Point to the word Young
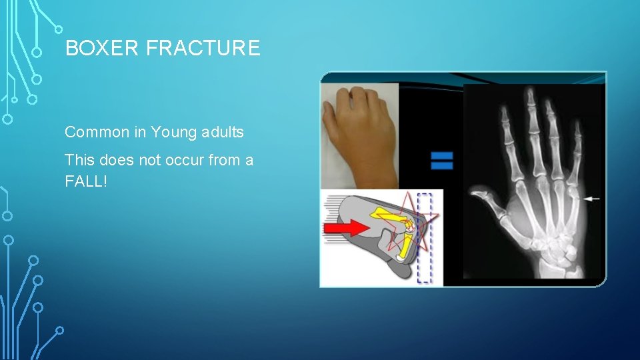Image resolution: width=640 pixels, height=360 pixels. tap(172, 132)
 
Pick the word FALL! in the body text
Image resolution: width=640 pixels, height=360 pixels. tap(85, 180)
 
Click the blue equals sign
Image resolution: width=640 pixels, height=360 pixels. tap(441, 160)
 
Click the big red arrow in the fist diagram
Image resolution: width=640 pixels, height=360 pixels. tap(346, 228)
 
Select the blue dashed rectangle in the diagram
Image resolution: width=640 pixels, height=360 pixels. tap(424, 238)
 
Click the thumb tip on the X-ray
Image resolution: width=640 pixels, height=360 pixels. tap(475, 194)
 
